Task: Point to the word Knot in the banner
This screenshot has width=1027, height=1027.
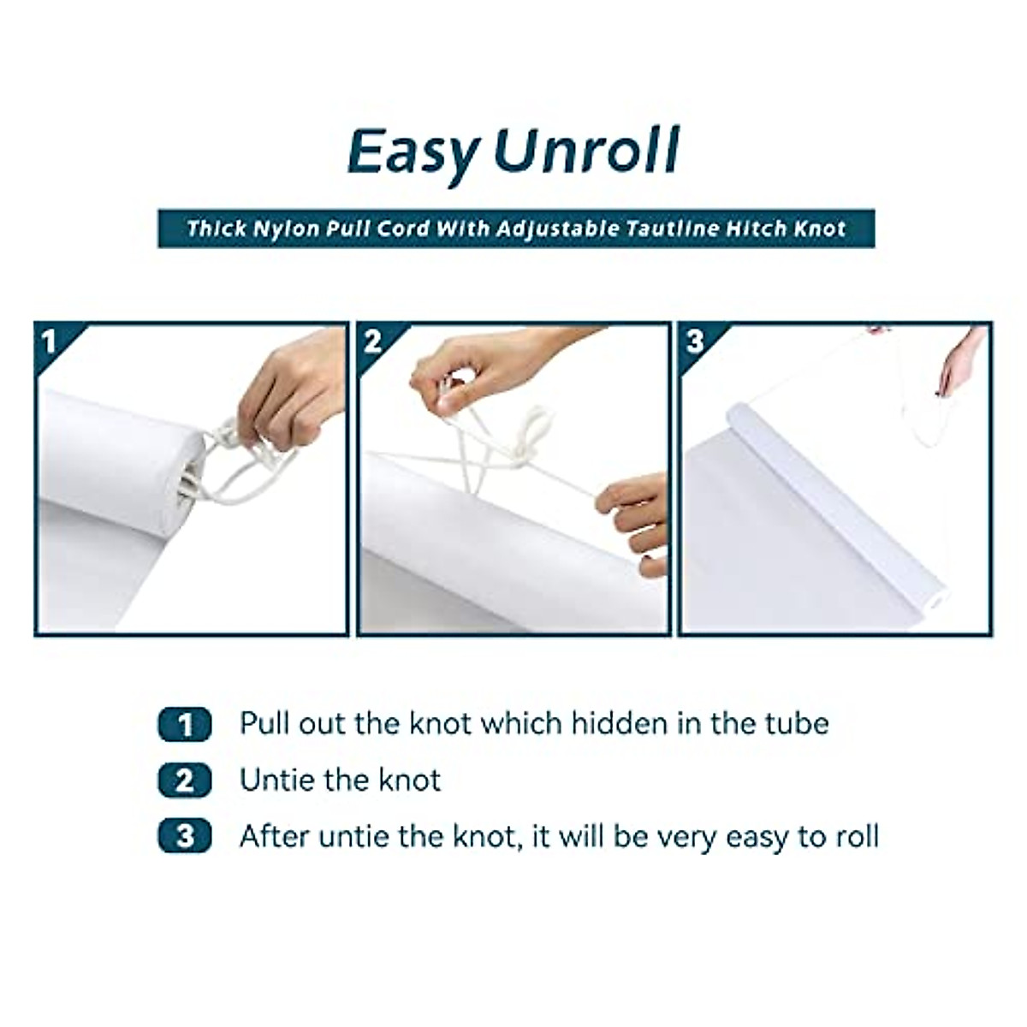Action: point(819,229)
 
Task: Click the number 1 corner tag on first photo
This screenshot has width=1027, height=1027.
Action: point(50,342)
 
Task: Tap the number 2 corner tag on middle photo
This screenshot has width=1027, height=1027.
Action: point(372,342)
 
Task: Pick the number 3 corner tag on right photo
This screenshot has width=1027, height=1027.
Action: point(695,342)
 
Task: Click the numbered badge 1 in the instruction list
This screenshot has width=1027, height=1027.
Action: point(184,725)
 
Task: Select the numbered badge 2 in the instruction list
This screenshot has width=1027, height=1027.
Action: point(184,781)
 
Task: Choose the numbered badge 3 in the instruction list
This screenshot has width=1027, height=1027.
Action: point(184,836)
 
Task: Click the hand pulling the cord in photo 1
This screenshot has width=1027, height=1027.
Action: point(291,394)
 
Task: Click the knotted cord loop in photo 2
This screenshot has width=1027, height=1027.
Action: point(535,428)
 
